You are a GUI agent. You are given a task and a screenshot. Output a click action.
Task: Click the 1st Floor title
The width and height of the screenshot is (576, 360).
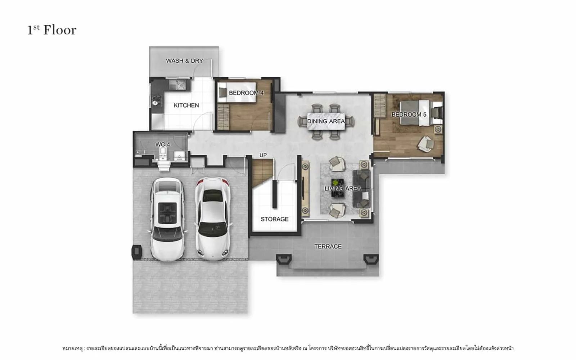click(x=52, y=30)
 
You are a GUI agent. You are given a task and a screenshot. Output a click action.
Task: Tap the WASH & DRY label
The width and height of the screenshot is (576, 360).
click(x=184, y=61)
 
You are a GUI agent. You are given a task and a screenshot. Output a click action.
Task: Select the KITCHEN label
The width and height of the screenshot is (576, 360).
click(x=186, y=105)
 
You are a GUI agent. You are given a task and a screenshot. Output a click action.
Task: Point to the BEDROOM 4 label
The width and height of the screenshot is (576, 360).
click(x=246, y=93)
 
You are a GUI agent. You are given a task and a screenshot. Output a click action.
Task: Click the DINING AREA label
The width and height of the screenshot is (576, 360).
click(x=326, y=121)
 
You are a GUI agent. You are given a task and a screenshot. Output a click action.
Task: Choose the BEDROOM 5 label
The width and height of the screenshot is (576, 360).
click(x=409, y=114)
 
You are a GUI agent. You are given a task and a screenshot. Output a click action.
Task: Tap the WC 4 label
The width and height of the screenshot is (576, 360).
click(x=162, y=144)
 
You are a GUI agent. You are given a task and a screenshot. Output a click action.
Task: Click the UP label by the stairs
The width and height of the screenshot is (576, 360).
click(x=263, y=155)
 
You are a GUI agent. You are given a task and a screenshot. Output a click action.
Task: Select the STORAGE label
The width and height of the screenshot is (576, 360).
click(x=274, y=219)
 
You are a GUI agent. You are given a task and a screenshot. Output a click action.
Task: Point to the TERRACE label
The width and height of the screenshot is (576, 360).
click(x=328, y=246)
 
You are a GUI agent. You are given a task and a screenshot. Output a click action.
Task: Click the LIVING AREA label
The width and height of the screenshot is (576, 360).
click(x=342, y=189)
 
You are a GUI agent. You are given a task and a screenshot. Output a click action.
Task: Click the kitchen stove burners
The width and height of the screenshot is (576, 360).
click(x=157, y=100)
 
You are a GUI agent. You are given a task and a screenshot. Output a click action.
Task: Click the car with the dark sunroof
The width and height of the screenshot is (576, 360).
click(x=167, y=219)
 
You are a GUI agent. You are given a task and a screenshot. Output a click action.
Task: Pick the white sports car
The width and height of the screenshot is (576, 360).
click(x=213, y=218)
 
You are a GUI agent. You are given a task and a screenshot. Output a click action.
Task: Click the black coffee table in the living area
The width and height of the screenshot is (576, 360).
click(x=338, y=188)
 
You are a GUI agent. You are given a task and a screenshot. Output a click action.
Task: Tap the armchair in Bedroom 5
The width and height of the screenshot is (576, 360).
click(x=426, y=144)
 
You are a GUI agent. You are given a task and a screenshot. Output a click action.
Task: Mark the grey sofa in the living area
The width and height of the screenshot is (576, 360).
click(x=361, y=189)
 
